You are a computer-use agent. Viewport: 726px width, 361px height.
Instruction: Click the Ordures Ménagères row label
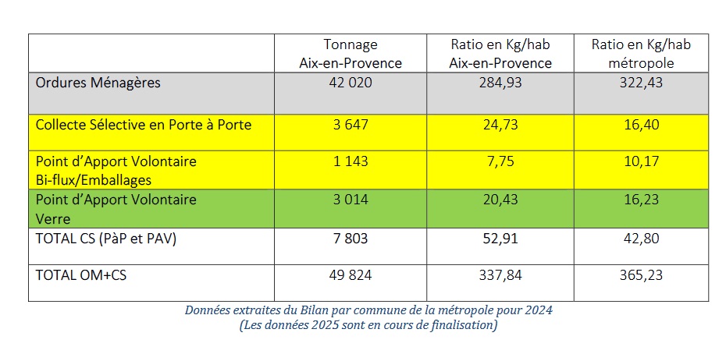coord(98,83)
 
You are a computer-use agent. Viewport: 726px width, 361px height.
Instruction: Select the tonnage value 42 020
coord(351,83)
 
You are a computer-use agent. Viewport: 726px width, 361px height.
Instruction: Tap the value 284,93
coord(500,83)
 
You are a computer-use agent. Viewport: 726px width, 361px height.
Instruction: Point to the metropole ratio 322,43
coord(641,83)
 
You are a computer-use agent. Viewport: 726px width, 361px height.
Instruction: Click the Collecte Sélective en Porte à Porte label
coord(144,124)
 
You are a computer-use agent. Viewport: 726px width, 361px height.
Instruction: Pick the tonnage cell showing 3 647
coord(351,124)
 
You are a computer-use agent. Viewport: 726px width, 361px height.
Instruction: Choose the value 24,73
coord(500,124)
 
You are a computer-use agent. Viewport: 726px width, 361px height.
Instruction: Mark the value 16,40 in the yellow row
coord(641,124)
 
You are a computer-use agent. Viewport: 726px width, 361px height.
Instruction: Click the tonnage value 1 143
coord(351,161)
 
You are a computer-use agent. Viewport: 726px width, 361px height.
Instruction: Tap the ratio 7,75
coord(500,161)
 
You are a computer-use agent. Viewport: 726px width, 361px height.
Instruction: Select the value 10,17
coord(641,161)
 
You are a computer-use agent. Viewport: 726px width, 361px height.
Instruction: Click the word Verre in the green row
coord(52,219)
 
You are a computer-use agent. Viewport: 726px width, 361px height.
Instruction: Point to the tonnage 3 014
coord(351,200)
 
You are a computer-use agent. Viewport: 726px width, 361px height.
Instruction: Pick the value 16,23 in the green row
coord(641,200)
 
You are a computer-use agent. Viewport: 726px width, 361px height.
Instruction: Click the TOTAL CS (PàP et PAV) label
coord(106,239)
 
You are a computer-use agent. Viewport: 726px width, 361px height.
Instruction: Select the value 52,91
coord(500,239)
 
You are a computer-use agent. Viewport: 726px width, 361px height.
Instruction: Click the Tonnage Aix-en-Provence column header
coord(351,54)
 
